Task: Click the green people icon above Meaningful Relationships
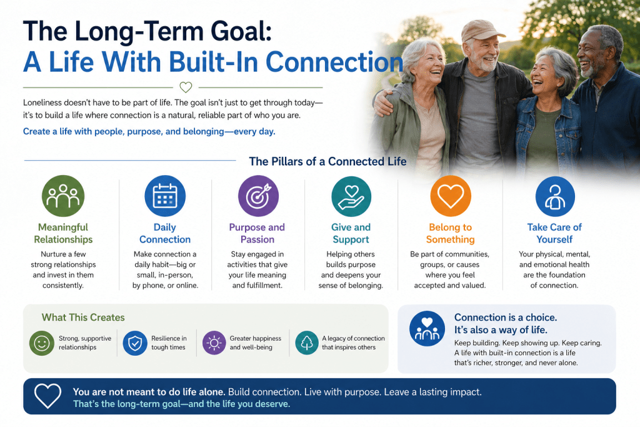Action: coord(63,196)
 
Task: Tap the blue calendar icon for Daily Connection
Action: coord(165,196)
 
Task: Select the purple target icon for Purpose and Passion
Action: coord(258,196)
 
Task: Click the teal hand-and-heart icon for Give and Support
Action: coord(351,196)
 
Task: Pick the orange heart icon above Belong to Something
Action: coord(451,196)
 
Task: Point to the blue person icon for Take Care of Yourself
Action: coord(555,196)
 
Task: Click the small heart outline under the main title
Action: coord(186,87)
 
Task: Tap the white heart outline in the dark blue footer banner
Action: coord(47,396)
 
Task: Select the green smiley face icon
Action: coord(42,343)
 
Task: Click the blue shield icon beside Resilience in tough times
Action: coord(135,343)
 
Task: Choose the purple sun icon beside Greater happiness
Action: coord(214,343)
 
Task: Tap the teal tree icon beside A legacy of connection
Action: coord(307,343)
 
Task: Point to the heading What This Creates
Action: coord(83,317)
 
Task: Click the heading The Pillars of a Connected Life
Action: coord(327,162)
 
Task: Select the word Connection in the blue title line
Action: coord(335,62)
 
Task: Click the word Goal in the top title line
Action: coord(237,31)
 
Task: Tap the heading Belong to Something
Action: coord(450,233)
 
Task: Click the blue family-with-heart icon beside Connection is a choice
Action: coord(427,329)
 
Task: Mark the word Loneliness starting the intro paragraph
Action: coord(42,103)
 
